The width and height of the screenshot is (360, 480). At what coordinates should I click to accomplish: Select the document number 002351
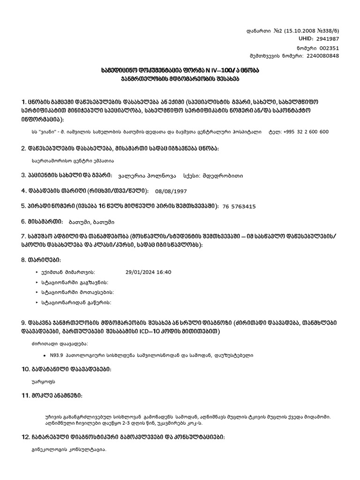point(328,48)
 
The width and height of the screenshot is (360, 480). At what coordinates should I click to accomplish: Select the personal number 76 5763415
point(239,206)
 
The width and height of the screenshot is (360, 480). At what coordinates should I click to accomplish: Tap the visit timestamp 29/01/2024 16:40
point(149,272)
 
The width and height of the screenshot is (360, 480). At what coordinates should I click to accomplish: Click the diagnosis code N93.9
point(57,355)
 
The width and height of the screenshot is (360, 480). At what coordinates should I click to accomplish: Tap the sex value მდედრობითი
point(223,176)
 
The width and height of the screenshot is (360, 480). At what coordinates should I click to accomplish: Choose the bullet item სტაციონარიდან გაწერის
point(76,303)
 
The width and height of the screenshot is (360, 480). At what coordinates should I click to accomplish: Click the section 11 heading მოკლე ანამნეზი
point(52,397)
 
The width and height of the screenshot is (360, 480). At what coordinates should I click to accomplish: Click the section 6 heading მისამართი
point(42,221)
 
